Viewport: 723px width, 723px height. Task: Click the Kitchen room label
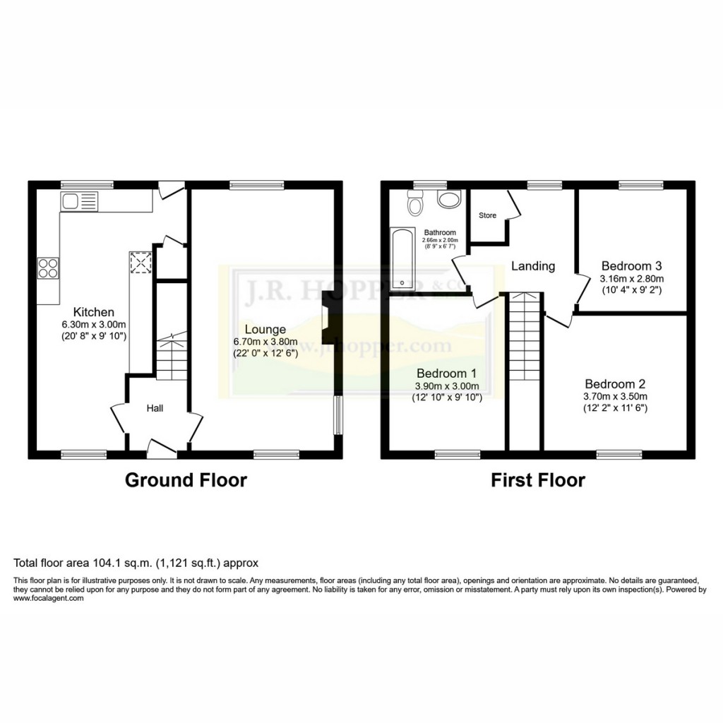93,312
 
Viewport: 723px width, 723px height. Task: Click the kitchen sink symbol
78,202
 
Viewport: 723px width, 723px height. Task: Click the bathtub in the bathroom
403,259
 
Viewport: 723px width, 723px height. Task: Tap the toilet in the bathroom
415,203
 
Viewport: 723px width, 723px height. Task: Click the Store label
487,215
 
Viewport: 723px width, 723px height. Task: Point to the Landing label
533,266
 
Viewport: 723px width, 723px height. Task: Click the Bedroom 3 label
631,266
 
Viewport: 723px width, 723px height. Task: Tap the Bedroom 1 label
446,374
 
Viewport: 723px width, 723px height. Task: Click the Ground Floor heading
186,480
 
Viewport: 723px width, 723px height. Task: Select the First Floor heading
538,480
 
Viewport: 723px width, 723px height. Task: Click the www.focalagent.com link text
49,598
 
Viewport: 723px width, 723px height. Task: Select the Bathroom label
440,232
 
